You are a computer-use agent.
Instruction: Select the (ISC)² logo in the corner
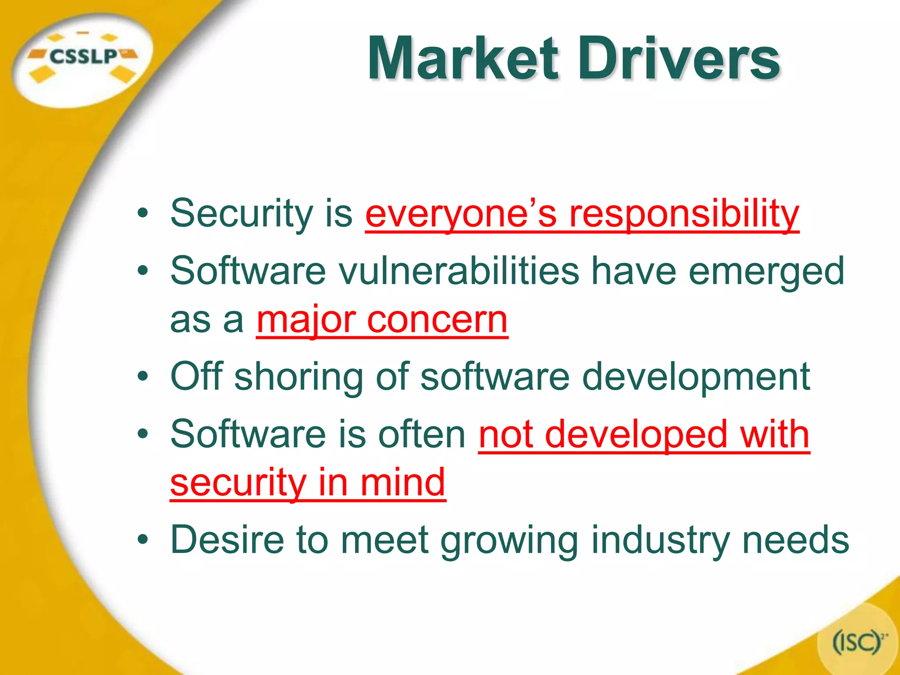[859, 642]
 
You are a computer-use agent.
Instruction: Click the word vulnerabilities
[459, 271]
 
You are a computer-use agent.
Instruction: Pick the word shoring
[299, 377]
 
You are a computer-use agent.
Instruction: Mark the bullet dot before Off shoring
[142, 377]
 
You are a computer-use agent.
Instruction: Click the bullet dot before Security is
[142, 214]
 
